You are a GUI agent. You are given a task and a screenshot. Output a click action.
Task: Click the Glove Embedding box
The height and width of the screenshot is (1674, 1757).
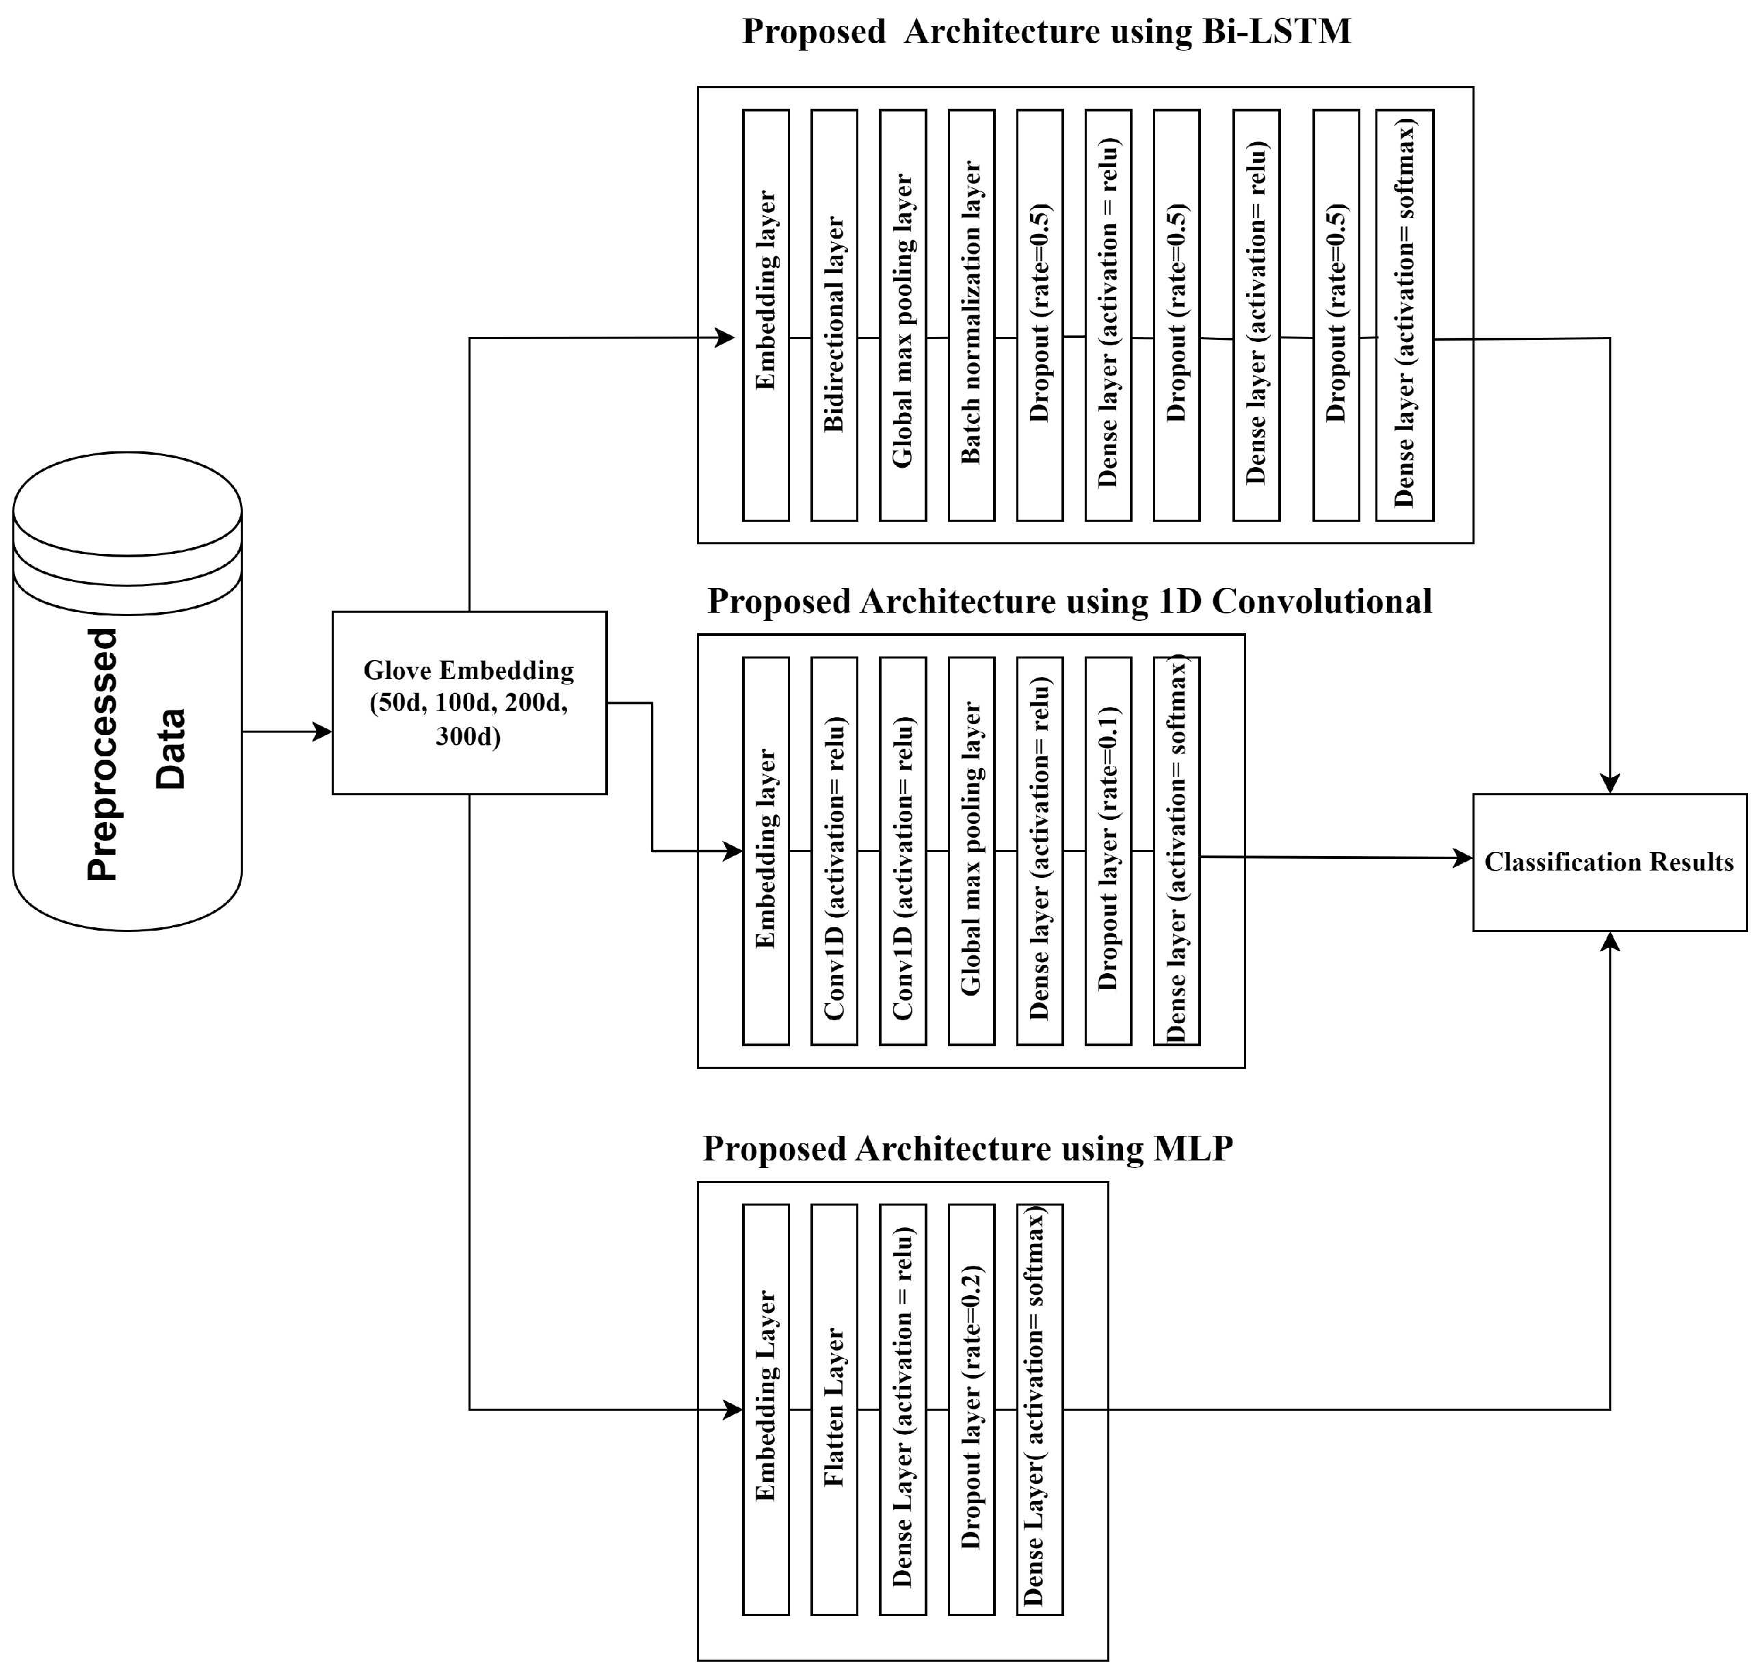point(468,702)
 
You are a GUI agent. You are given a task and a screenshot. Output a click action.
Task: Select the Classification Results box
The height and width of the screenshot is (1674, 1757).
point(1608,862)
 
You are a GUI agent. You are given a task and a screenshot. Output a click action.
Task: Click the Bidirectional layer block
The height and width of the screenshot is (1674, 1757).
point(834,315)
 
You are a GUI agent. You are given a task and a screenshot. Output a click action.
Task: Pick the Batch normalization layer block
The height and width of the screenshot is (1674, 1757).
point(971,315)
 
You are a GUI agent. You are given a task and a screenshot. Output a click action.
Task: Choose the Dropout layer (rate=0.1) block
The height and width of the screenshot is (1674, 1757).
point(1107,851)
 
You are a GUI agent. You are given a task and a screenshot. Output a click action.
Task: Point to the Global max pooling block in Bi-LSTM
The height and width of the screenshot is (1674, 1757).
point(902,315)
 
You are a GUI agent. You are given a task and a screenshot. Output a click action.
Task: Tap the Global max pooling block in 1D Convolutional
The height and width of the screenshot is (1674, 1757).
point(971,851)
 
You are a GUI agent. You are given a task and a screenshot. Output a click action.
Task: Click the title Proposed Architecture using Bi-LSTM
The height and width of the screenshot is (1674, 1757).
point(1046,32)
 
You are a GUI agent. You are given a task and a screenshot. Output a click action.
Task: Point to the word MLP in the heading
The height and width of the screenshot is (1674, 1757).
point(1192,1148)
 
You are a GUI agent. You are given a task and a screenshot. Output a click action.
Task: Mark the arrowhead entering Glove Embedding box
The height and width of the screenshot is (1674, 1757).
point(323,732)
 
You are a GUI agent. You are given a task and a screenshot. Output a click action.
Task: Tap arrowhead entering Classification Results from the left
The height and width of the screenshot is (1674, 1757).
point(1464,858)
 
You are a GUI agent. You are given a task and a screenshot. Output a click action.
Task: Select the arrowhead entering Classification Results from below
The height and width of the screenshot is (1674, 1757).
point(1610,942)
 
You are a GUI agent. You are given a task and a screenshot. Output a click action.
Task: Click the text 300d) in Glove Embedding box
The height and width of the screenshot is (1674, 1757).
point(468,736)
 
